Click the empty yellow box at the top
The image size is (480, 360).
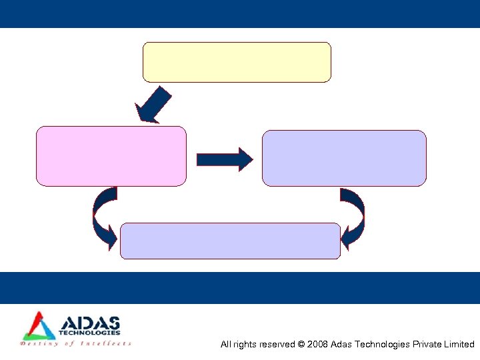pyautogui.click(x=237, y=62)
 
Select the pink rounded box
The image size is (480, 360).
pyautogui.click(x=111, y=156)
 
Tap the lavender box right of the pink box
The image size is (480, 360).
pyautogui.click(x=343, y=158)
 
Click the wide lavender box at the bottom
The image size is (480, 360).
pyautogui.click(x=230, y=241)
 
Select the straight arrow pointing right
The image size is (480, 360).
pyautogui.click(x=224, y=159)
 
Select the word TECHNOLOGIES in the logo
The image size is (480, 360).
pyautogui.click(x=90, y=333)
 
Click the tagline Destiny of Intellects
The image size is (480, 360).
pyautogui.click(x=76, y=344)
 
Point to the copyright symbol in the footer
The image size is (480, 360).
pyautogui.click(x=301, y=345)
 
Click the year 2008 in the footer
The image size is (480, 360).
pyautogui.click(x=317, y=345)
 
